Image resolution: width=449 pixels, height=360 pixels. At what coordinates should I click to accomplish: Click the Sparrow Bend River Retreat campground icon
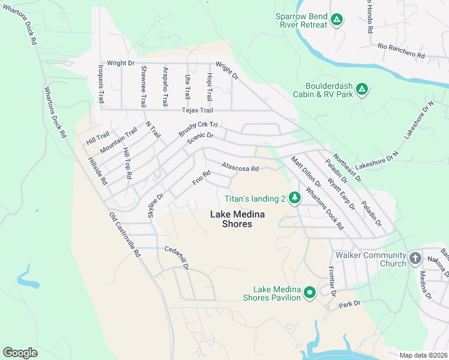pyautogui.click(x=337, y=20)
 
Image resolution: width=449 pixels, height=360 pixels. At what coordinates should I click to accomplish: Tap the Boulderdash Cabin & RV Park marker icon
pyautogui.click(x=361, y=90)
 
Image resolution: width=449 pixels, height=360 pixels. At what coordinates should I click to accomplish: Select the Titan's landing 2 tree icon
pyautogui.click(x=294, y=198)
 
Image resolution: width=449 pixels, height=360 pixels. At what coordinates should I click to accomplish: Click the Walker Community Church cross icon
pyautogui.click(x=415, y=259)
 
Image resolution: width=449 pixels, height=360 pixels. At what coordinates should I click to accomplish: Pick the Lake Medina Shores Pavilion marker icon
pyautogui.click(x=310, y=293)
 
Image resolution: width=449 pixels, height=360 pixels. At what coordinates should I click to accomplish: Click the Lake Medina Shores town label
pyautogui.click(x=231, y=219)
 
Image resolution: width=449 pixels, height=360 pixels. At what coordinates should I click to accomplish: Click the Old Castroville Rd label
pyautogui.click(x=124, y=235)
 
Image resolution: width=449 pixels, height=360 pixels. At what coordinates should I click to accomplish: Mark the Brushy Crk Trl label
pyautogui.click(x=197, y=130)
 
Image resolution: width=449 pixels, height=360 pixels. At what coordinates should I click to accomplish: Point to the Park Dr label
pyautogui.click(x=349, y=304)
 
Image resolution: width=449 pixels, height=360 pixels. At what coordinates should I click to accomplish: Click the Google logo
pyautogui.click(x=20, y=353)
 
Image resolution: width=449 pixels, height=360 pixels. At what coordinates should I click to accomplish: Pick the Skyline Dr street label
pyautogui.click(x=155, y=206)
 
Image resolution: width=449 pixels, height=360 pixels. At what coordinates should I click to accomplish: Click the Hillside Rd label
pyautogui.click(x=97, y=171)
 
